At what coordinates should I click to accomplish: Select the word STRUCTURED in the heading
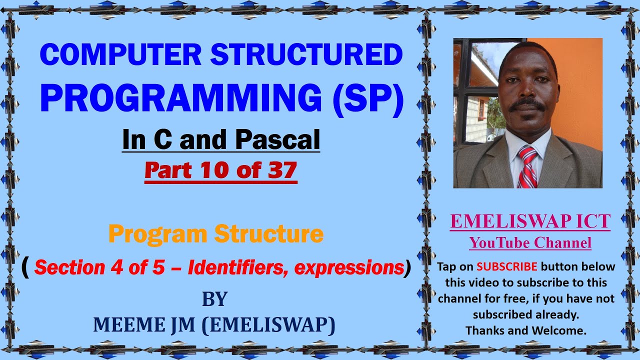[x=306, y=55]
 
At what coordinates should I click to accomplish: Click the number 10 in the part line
[x=218, y=170]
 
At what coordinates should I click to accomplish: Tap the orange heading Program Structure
[x=216, y=234]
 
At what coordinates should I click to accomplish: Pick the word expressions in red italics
[x=348, y=268]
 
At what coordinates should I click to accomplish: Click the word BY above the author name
[x=214, y=299]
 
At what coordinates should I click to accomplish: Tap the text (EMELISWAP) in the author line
[x=268, y=325]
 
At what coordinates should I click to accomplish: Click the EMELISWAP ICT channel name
[x=530, y=221]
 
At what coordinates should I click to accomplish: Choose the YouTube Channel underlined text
[x=530, y=243]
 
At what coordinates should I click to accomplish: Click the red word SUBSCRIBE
[x=507, y=266]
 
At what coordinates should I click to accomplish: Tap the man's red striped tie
[x=527, y=167]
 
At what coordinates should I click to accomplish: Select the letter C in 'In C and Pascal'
[x=160, y=140]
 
